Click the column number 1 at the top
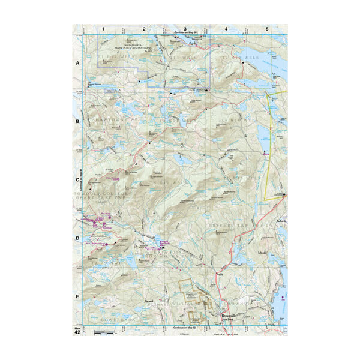[x=103, y=29]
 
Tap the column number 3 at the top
[x=185, y=29]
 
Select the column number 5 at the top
[x=267, y=29]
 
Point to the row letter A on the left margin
[x=77, y=62]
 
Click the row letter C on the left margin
[x=77, y=179]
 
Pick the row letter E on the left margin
[x=77, y=296]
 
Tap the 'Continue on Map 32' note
[x=185, y=328]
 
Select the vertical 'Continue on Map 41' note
[x=74, y=179]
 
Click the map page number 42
[x=77, y=332]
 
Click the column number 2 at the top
[x=144, y=29]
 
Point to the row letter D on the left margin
[x=77, y=238]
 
